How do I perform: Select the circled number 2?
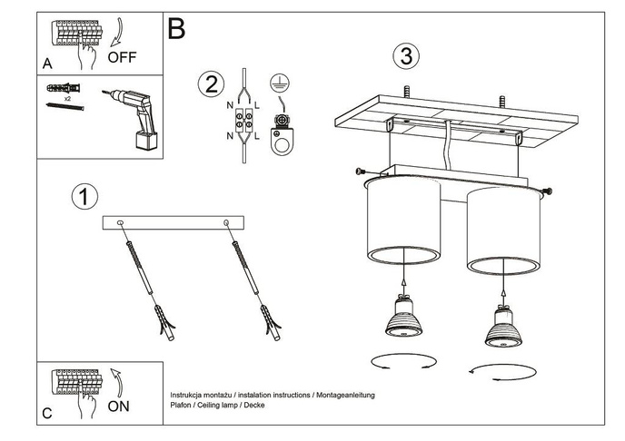tap(210, 84)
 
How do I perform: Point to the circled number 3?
tap(405, 55)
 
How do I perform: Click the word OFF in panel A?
tap(122, 56)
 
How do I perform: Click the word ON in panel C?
tap(119, 406)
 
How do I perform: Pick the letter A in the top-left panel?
tap(47, 64)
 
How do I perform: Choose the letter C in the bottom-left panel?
tap(47, 414)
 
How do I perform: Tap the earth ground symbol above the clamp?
tap(282, 84)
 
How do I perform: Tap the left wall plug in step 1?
tap(164, 322)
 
